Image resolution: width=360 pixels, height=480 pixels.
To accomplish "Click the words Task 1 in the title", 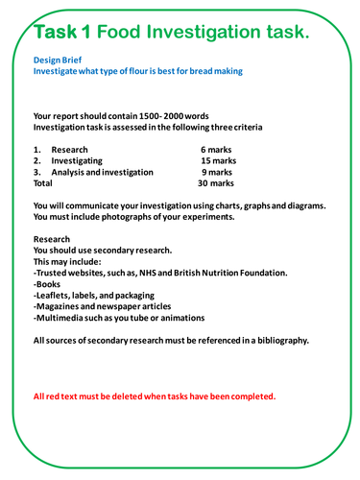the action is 62,33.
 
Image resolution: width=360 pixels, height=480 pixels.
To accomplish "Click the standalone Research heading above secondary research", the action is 53,239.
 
